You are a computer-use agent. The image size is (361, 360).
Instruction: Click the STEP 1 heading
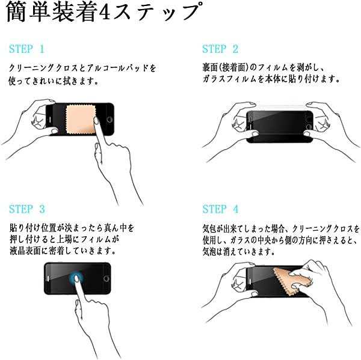[x=26, y=49]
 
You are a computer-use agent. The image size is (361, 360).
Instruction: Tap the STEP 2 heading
[x=220, y=49]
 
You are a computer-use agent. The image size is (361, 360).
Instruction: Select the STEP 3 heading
[x=26, y=209]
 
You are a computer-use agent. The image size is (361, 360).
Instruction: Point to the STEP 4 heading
[x=220, y=209]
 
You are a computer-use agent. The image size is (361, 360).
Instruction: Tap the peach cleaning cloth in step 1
[x=81, y=120]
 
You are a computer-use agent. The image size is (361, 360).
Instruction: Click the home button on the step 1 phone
[x=110, y=120]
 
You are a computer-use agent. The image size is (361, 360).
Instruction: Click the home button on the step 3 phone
[x=106, y=279]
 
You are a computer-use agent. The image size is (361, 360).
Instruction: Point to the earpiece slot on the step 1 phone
[x=50, y=120]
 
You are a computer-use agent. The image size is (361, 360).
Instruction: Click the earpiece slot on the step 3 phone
[x=48, y=279]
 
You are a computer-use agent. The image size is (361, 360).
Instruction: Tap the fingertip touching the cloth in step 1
[x=96, y=120]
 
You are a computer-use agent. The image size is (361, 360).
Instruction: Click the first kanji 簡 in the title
[x=16, y=13]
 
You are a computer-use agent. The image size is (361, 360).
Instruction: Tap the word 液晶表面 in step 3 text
[x=25, y=251]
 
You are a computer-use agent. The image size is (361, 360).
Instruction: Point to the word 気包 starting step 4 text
[x=210, y=228]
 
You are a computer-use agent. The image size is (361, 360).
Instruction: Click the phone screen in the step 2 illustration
[x=280, y=127]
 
